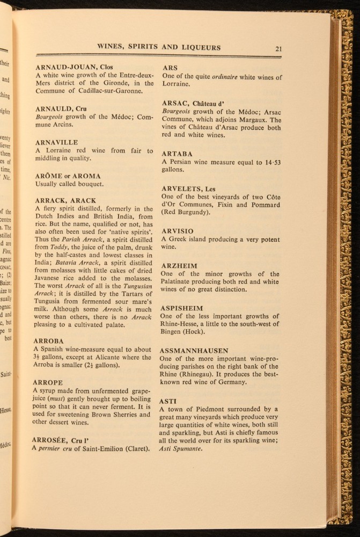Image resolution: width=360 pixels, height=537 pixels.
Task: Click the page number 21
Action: (279, 48)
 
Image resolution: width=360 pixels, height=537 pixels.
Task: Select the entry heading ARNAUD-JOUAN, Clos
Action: (74, 67)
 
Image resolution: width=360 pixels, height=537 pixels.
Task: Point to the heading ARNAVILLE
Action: (57, 143)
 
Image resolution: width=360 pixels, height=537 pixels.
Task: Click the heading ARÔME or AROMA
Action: (68, 176)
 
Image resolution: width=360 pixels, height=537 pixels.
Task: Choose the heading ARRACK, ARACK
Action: (65, 201)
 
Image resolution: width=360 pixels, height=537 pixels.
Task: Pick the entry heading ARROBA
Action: (49, 341)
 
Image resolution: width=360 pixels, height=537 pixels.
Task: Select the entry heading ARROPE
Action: (48, 383)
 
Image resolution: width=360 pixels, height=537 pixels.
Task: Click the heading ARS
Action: (170, 68)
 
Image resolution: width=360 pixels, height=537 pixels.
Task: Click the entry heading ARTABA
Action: (177, 154)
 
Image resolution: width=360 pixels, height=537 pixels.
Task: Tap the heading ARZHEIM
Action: (179, 266)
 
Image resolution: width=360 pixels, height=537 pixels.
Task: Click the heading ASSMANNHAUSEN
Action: (194, 351)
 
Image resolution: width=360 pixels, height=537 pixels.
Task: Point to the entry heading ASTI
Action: (169, 401)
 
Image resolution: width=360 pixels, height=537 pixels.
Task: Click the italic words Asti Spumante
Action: (181, 449)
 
